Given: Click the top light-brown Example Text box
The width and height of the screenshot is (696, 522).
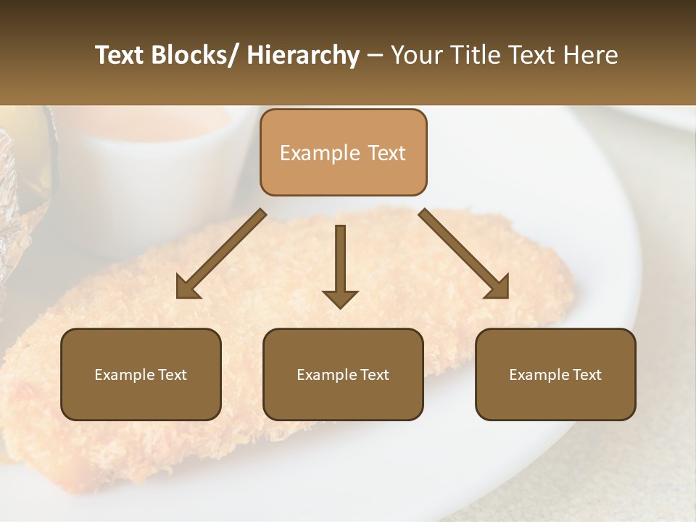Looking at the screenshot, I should pyautogui.click(x=343, y=152).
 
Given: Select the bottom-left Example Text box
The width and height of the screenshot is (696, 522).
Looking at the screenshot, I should pyautogui.click(x=141, y=374).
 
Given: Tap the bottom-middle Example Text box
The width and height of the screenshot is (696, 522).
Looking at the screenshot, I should pyautogui.click(x=343, y=374).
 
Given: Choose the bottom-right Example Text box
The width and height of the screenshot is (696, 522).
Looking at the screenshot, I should pyautogui.click(x=555, y=374).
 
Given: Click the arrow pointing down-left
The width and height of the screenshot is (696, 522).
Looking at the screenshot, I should pyautogui.click(x=221, y=254).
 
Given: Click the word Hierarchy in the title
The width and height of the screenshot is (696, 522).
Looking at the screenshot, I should pyautogui.click(x=303, y=55).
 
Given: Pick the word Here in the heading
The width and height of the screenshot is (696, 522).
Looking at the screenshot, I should pyautogui.click(x=591, y=55).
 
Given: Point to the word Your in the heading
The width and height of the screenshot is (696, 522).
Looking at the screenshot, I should pyautogui.click(x=415, y=55).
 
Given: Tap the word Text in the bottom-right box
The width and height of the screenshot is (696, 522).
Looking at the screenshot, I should pyautogui.click(x=587, y=374).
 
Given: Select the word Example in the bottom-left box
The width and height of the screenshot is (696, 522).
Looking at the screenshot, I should pyautogui.click(x=125, y=374).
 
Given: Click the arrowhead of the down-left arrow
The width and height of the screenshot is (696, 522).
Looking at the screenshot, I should pyautogui.click(x=188, y=287).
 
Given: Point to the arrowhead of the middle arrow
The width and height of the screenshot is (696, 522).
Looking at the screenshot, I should pyautogui.click(x=340, y=298).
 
